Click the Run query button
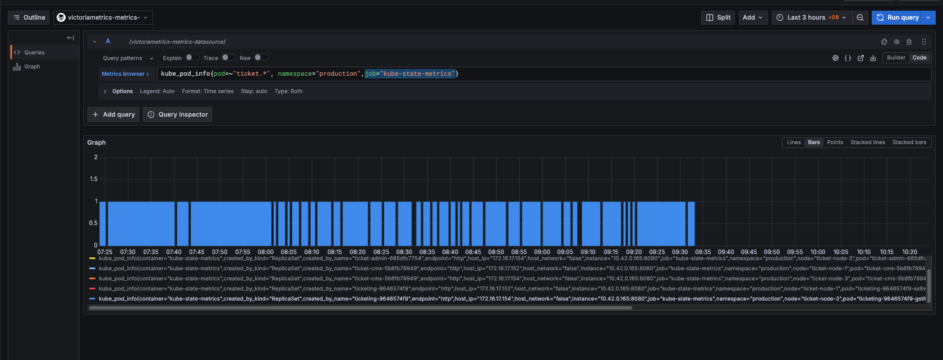point(898,17)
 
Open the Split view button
point(718,17)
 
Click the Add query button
point(113,114)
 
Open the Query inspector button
point(178,114)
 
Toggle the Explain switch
point(192,57)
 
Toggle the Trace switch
point(228,57)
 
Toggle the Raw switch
point(261,57)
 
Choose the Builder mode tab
point(896,58)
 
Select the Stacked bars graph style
point(909,142)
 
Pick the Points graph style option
point(835,142)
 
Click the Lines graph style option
point(794,142)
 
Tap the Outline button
point(29,17)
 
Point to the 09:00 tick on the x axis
point(542,252)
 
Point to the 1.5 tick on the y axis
point(94,179)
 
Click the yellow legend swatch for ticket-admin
point(92,259)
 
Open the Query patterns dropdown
point(128,58)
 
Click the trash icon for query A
point(909,41)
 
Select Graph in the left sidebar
point(32,67)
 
